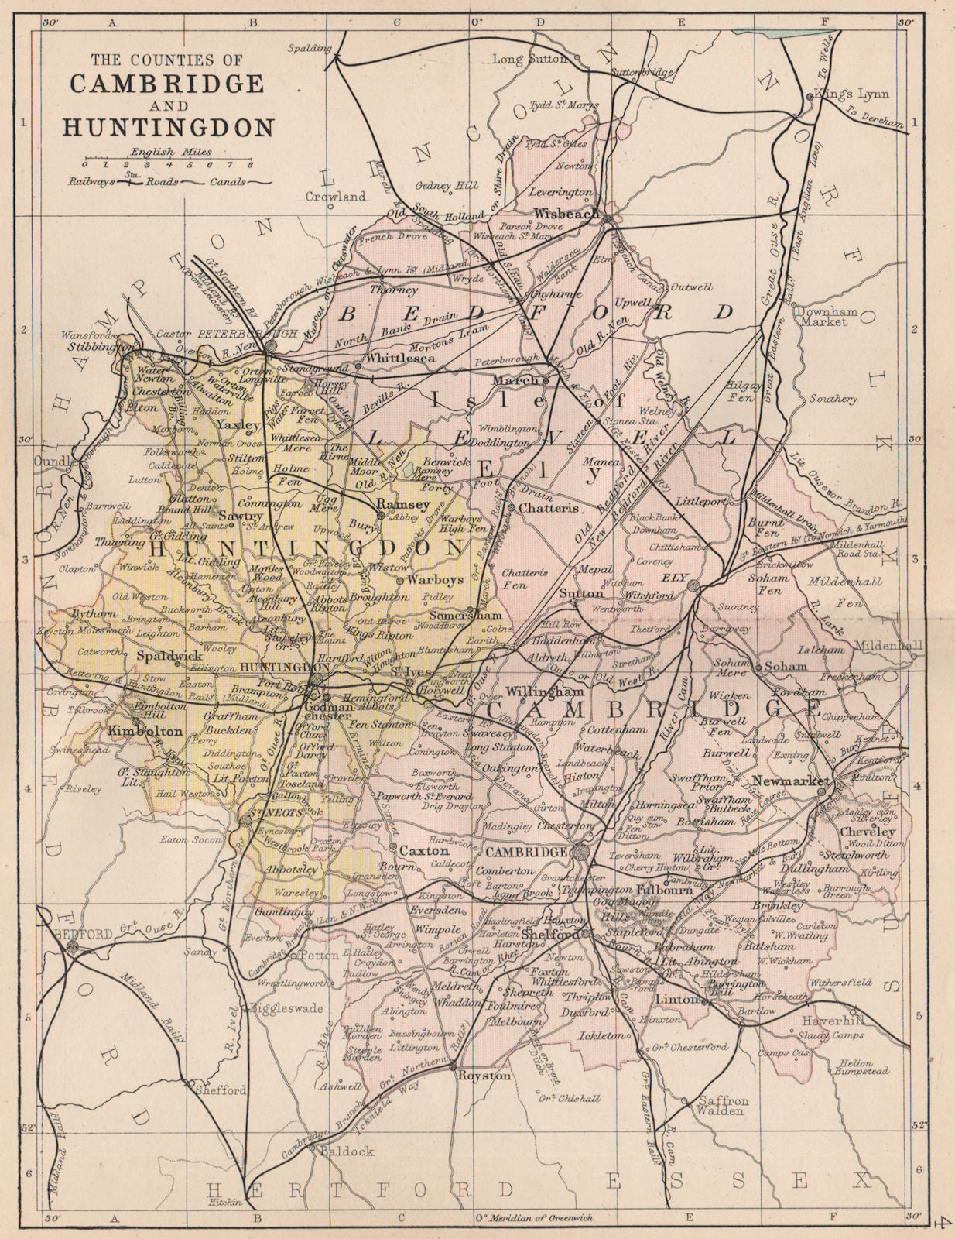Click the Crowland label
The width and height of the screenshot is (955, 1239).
[x=335, y=197]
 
